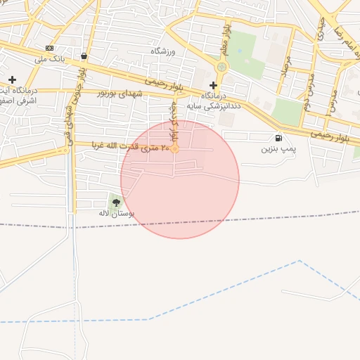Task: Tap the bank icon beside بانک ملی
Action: point(49,48)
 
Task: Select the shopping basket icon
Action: point(84,56)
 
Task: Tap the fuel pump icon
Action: point(279,138)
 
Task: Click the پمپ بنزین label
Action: point(279,149)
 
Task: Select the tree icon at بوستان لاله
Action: point(116,202)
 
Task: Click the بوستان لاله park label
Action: point(116,212)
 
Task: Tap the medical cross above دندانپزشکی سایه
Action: point(214,85)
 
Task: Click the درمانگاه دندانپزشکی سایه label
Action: point(221,100)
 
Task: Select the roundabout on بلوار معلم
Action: point(222,67)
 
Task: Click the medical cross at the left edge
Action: point(12,79)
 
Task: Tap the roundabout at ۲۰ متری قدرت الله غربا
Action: point(174,148)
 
